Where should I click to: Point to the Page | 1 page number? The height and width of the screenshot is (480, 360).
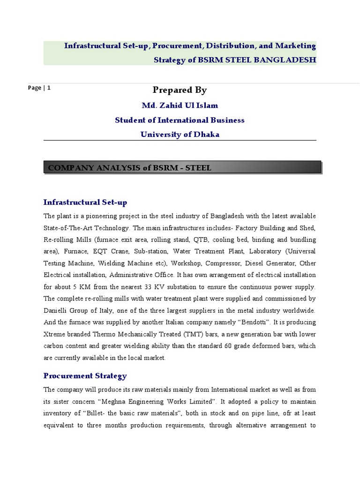[39, 88]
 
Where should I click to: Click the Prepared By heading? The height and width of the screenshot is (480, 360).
[180, 90]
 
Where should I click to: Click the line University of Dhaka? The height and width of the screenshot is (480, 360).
[180, 135]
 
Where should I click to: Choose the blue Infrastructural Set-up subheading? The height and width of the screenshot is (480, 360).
[85, 202]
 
